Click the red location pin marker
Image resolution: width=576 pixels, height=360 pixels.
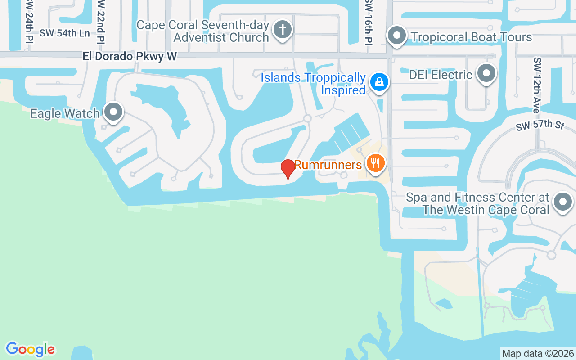pyautogui.click(x=288, y=169)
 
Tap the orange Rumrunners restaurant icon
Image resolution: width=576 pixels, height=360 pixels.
pyautogui.click(x=375, y=162)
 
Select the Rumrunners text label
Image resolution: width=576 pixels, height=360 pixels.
pyautogui.click(x=328, y=165)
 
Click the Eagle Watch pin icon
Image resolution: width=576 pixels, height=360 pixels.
pyautogui.click(x=113, y=112)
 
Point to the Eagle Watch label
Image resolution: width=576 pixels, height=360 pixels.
pyautogui.click(x=65, y=113)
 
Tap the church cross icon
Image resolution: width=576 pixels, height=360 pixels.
pyautogui.click(x=282, y=30)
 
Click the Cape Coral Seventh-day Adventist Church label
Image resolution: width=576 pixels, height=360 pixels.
pyautogui.click(x=202, y=31)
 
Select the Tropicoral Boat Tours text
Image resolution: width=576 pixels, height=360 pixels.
pyautogui.click(x=471, y=37)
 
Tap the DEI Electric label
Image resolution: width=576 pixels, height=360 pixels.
pyautogui.click(x=441, y=75)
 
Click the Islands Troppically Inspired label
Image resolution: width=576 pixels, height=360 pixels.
pyautogui.click(x=313, y=84)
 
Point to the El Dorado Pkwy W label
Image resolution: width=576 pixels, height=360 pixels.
pyautogui.click(x=130, y=57)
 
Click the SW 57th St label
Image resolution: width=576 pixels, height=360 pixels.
pyautogui.click(x=540, y=125)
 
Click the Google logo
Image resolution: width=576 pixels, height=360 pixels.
pyautogui.click(x=30, y=349)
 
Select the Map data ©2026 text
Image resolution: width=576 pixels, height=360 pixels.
pyautogui.click(x=538, y=353)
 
